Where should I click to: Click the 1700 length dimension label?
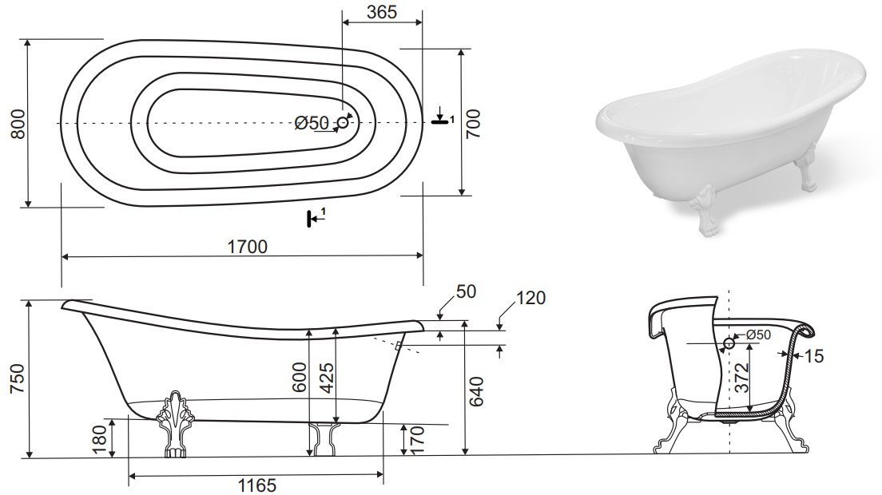click(247, 247)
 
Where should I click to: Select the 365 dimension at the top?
click(382, 12)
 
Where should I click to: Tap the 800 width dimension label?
click(18, 124)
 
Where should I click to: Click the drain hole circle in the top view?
click(343, 122)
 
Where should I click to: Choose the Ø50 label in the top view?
click(311, 122)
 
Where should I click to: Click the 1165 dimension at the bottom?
click(256, 485)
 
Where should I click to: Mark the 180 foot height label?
click(99, 439)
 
